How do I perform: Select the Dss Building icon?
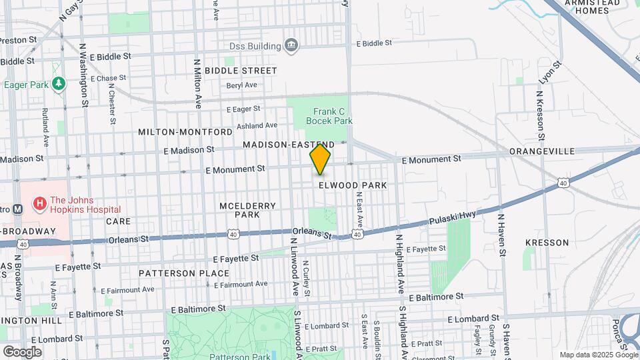291,45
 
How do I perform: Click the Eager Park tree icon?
59,84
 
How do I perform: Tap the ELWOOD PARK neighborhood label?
352,185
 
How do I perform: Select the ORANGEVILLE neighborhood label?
542,151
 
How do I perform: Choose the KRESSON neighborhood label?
547,243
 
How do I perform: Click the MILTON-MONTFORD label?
179,132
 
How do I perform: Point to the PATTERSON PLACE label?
184,273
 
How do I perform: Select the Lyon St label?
550,72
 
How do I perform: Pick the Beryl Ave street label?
241,85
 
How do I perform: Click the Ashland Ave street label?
256,125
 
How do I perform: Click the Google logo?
22,351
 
